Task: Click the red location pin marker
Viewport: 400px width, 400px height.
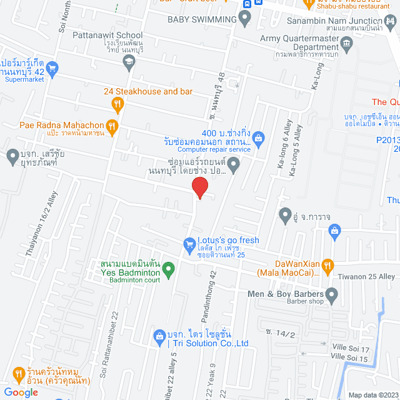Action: (199, 187)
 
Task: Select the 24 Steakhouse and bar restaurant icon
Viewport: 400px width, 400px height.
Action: (116, 104)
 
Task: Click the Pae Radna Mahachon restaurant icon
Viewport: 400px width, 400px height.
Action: (111, 126)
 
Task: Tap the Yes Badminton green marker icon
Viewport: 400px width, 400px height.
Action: (167, 270)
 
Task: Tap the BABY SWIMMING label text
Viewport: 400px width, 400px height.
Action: (202, 19)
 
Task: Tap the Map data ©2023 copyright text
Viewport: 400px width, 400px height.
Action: (372, 394)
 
